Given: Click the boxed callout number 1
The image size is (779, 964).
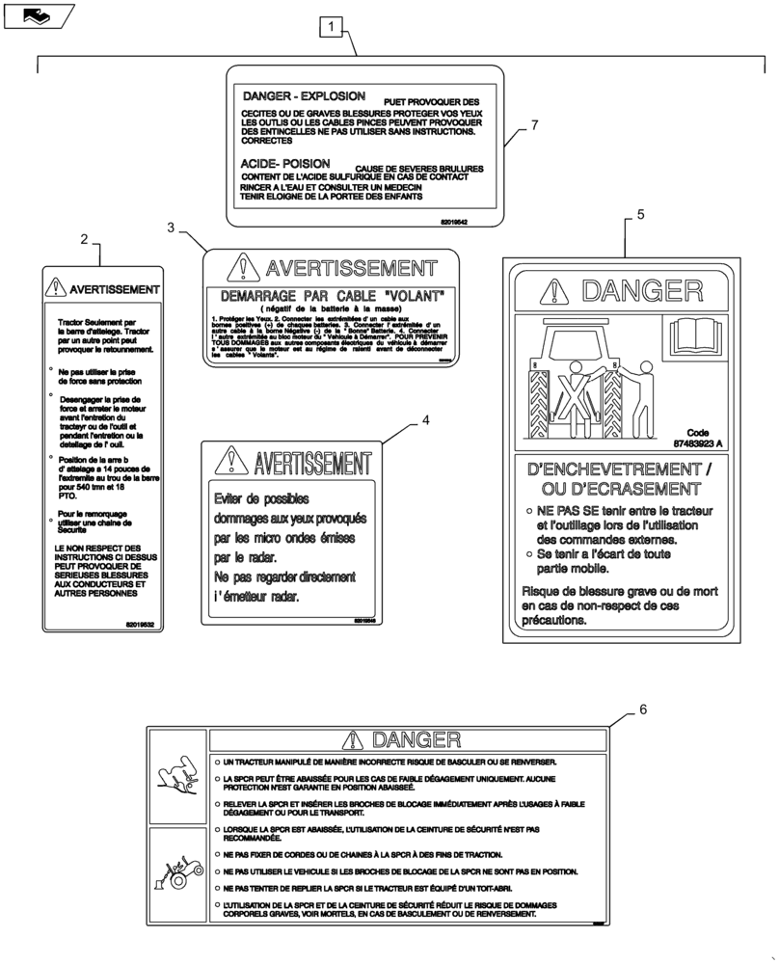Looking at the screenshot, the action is coord(331,27).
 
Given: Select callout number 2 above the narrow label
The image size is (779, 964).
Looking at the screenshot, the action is coord(85,239).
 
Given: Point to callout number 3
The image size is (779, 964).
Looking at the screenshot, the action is coord(171,228).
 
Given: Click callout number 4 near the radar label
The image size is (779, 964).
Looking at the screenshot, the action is coord(425,420).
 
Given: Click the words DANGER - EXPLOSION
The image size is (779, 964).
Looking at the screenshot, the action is coord(303,97).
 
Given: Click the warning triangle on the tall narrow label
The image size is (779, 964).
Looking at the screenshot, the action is coord(58,287).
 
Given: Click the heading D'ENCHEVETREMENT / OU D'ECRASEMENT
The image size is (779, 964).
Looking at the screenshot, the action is coord(621,478).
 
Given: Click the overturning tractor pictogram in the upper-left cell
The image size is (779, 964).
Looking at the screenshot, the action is coord(178,777).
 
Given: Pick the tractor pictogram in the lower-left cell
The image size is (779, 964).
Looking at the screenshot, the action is coord(178,868).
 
